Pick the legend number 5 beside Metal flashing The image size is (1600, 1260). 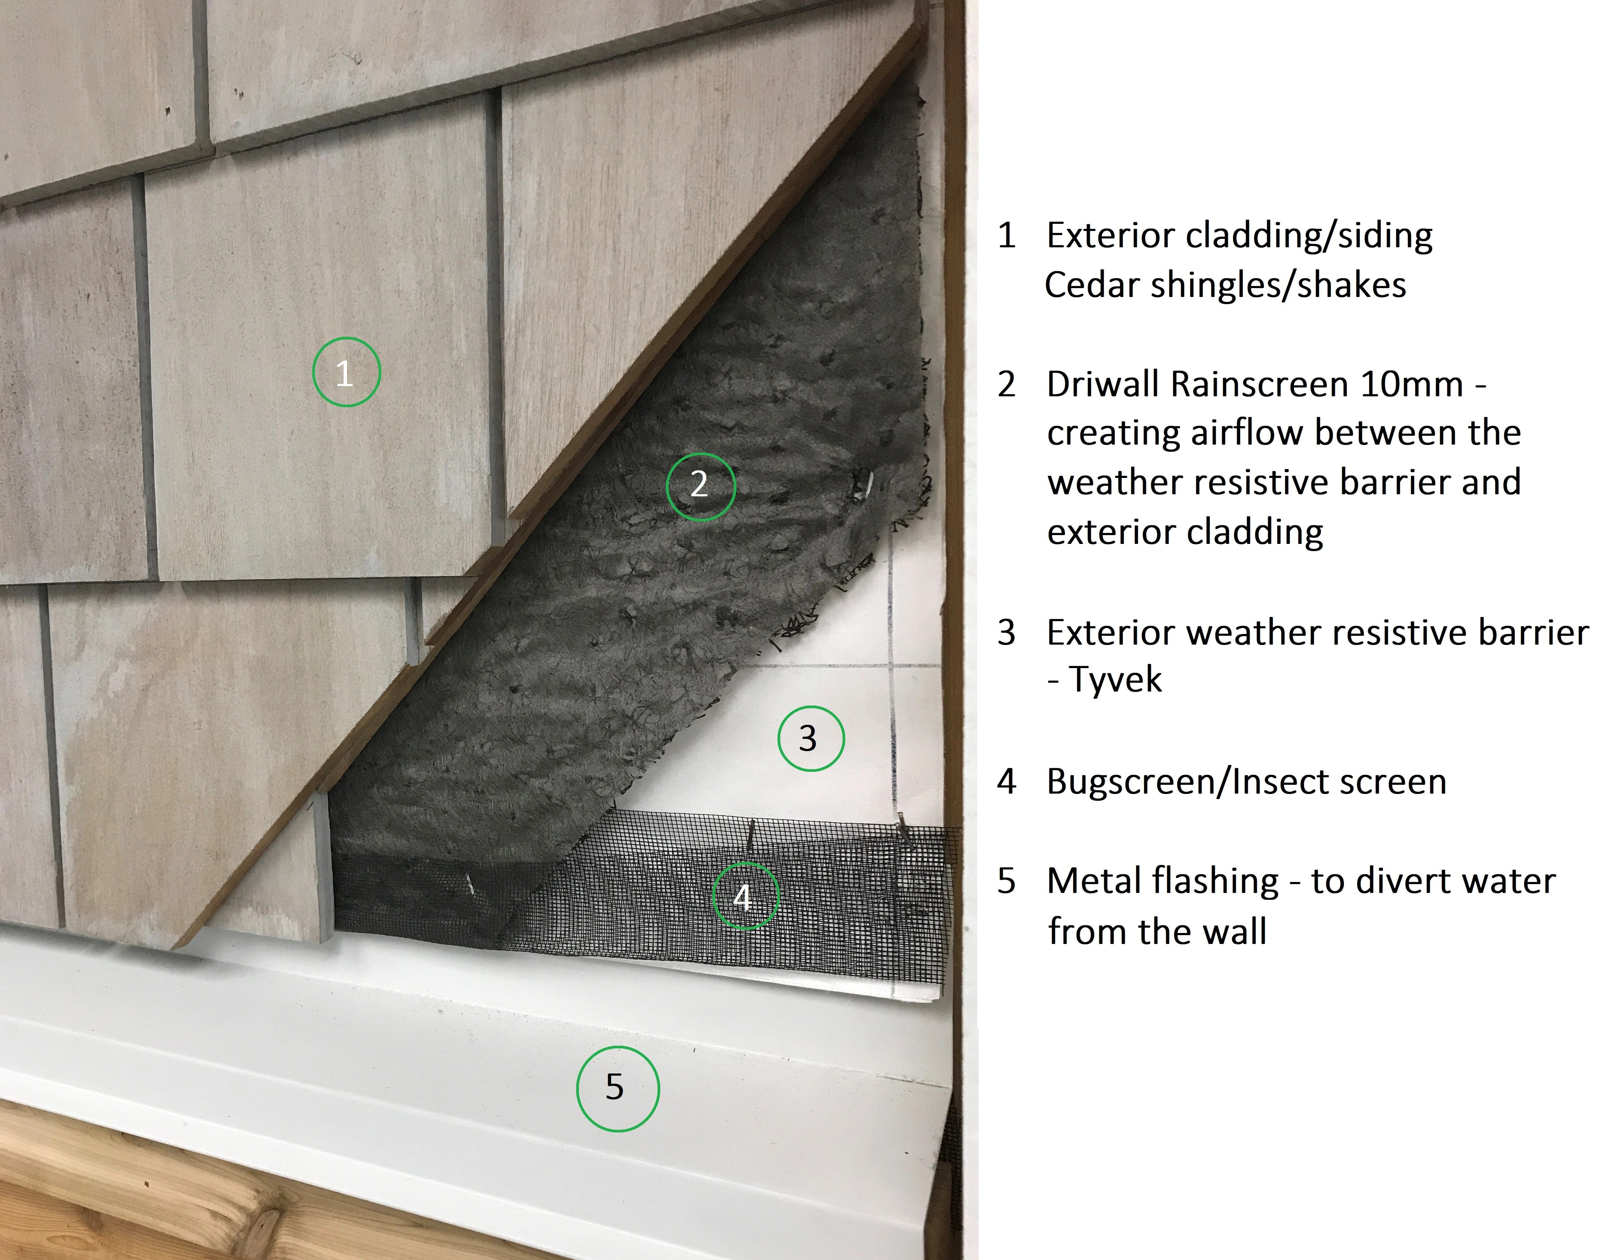[1007, 881]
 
